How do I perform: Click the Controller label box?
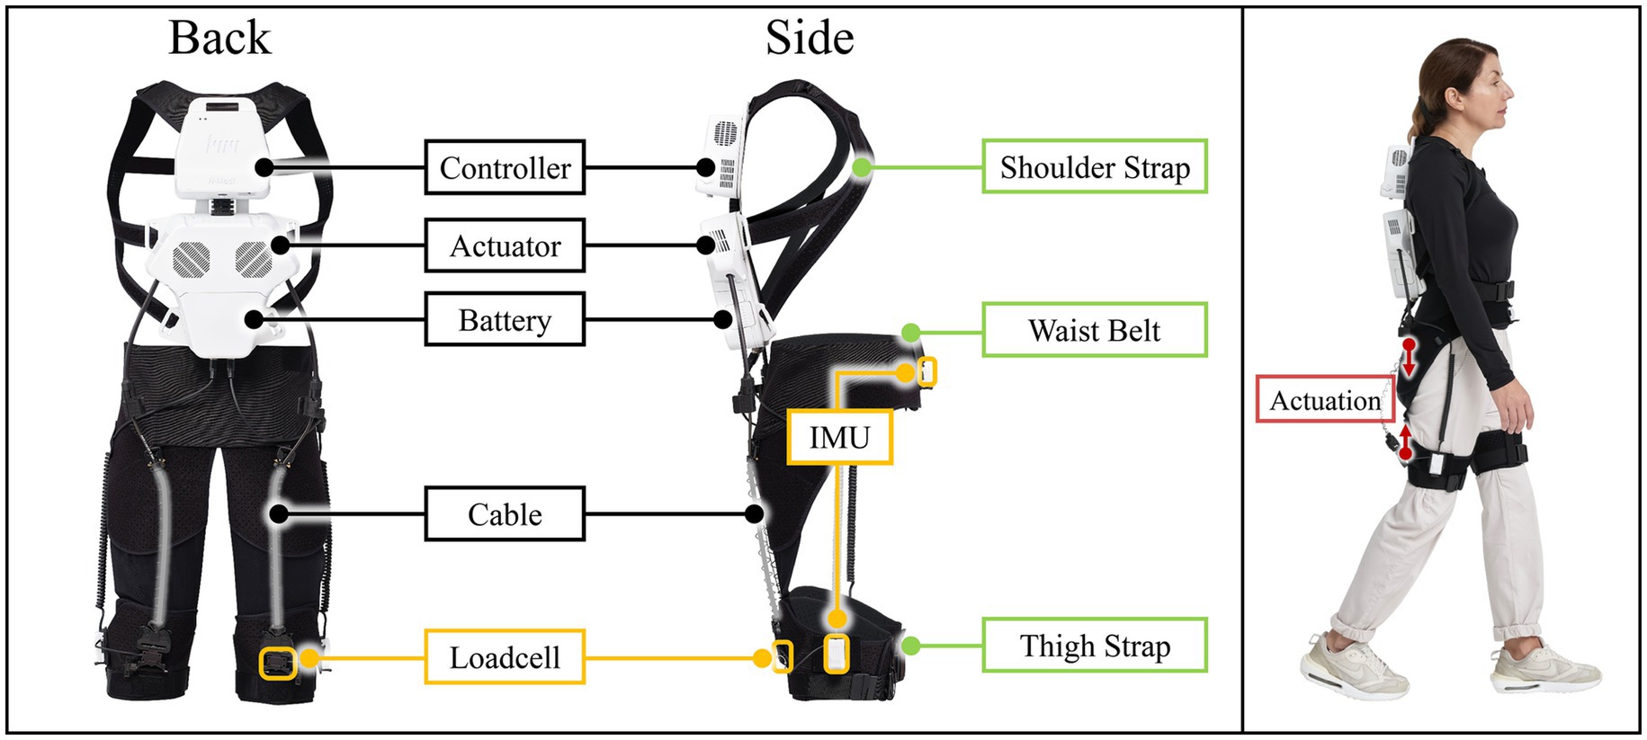505,167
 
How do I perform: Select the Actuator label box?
505,245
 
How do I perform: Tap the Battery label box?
505,319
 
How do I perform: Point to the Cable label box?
505,513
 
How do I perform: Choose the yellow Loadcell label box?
505,657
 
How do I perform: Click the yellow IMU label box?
839,437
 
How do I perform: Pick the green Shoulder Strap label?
1094,166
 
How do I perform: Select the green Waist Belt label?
1094,330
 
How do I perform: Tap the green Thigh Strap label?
1094,646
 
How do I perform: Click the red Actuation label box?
1324,400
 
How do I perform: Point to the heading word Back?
219,38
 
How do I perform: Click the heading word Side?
810,38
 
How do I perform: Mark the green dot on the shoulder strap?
862,166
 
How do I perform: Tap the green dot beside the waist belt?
910,333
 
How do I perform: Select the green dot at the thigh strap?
910,645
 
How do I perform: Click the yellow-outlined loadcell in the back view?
278,664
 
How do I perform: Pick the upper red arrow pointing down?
1409,358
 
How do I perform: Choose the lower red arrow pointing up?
1405,442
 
